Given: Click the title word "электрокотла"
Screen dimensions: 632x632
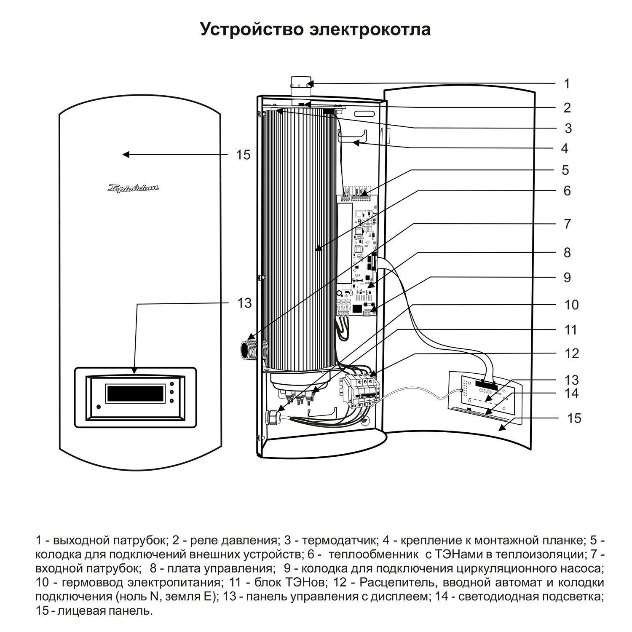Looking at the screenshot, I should [x=366, y=30].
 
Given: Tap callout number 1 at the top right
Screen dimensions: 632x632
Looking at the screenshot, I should [x=567, y=83].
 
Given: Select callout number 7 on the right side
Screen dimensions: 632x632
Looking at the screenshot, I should [x=567, y=224].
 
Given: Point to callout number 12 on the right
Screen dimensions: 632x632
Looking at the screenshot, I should [x=572, y=353].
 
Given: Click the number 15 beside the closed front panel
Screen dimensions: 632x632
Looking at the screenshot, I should [x=243, y=155].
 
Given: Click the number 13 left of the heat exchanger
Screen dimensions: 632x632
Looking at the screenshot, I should [x=244, y=303].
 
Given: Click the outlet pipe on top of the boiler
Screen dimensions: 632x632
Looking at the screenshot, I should [x=301, y=86].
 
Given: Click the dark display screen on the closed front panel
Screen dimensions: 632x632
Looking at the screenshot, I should [x=135, y=393].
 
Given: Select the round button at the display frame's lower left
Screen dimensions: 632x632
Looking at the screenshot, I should [x=99, y=407].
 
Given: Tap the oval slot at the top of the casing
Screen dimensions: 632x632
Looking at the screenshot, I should [x=364, y=114].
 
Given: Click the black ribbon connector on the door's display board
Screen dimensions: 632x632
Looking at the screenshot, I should [x=486, y=384].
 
